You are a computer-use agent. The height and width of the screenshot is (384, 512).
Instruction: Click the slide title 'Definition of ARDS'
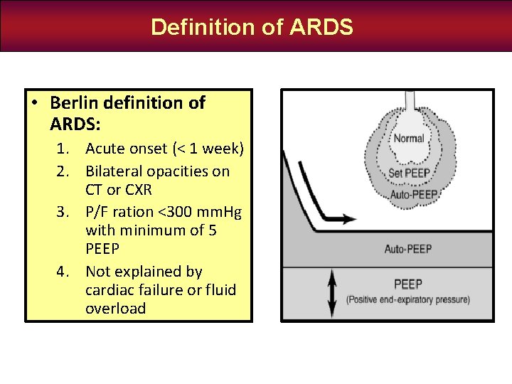(x=252, y=27)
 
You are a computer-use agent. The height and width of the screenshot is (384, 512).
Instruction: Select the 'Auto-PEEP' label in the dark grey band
(x=408, y=250)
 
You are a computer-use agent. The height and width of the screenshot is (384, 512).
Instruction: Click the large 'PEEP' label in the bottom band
(x=408, y=284)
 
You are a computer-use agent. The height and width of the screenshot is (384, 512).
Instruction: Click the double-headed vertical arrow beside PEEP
(x=331, y=292)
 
